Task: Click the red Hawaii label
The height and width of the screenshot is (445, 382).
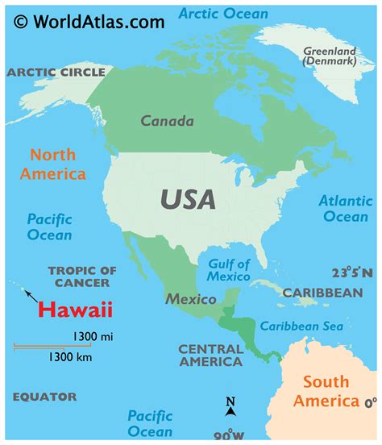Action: [76, 310]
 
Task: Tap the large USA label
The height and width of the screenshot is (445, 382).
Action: [188, 199]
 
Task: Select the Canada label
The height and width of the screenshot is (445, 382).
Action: [167, 122]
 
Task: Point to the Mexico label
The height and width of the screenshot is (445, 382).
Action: [191, 299]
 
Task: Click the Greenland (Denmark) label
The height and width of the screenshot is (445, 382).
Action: [330, 56]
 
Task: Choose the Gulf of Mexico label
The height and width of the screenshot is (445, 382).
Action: [229, 270]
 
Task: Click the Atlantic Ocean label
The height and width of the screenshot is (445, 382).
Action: [345, 209]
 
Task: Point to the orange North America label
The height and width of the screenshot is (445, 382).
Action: [53, 164]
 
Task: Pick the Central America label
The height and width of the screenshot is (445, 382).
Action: [210, 356]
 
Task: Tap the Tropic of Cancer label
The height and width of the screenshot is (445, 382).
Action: [82, 277]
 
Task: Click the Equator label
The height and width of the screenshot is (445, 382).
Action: [45, 397]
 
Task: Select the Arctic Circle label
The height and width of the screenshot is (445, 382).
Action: [56, 73]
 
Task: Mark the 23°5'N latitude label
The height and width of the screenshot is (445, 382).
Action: [352, 273]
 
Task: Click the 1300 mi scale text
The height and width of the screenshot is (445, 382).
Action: [93, 336]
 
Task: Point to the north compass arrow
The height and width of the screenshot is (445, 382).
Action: [230, 407]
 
